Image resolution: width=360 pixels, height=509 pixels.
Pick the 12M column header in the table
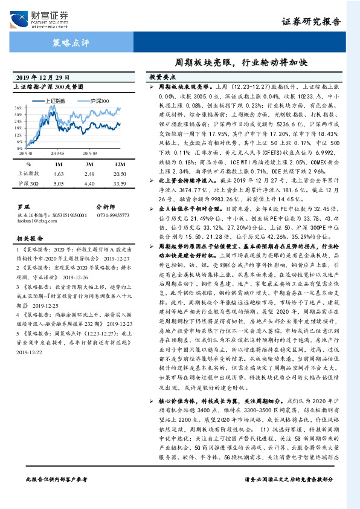click(x=120, y=163)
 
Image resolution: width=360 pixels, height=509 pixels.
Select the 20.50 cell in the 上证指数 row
click(x=120, y=173)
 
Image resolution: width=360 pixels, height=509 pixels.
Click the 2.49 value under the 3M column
click(x=89, y=173)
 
